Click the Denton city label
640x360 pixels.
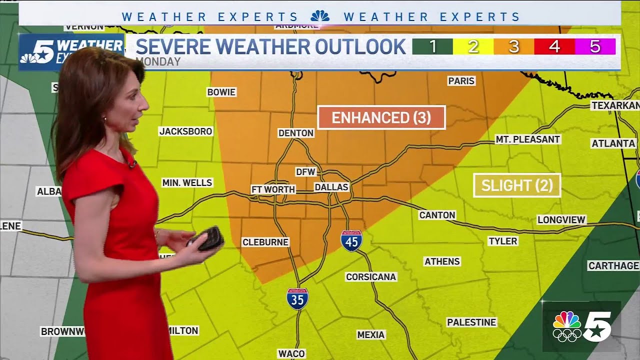[x=296, y=133]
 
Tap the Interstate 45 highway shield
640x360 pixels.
[x=351, y=240]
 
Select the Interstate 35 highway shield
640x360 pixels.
[x=297, y=298]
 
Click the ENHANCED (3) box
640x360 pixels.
[x=381, y=117]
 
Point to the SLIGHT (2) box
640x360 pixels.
[x=517, y=185]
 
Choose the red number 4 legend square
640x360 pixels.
[x=554, y=46]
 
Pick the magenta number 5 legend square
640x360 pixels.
[x=594, y=46]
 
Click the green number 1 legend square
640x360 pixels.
[x=432, y=46]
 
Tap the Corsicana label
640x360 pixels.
[x=370, y=276]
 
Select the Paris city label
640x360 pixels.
[x=461, y=80]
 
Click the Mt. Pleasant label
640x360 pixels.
[x=527, y=139]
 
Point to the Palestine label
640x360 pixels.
[x=471, y=322]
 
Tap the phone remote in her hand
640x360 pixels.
[x=207, y=238]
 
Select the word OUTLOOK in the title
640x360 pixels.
[x=359, y=46]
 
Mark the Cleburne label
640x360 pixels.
[x=265, y=242]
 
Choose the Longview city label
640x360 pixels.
[x=561, y=219]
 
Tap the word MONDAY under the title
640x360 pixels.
[x=158, y=62]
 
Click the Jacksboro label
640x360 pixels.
[x=185, y=131]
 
